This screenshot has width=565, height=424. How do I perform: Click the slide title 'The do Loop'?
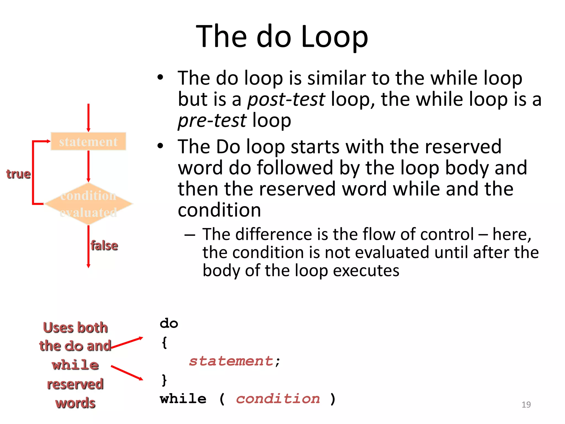(x=282, y=36)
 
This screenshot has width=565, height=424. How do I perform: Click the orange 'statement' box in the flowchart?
(x=88, y=142)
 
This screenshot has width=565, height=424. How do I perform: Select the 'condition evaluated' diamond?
(x=88, y=204)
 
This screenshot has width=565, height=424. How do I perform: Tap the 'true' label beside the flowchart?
(x=18, y=174)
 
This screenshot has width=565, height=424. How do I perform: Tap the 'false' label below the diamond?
(x=104, y=245)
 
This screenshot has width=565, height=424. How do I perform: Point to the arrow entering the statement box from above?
(x=88, y=117)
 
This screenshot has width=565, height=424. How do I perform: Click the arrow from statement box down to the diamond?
(x=88, y=166)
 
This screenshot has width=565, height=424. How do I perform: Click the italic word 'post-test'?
(x=286, y=99)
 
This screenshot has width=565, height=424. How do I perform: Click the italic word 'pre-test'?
(x=212, y=121)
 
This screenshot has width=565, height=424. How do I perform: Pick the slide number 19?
(x=526, y=404)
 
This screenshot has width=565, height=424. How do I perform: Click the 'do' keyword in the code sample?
(x=169, y=323)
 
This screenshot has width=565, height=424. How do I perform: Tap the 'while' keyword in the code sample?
(x=183, y=399)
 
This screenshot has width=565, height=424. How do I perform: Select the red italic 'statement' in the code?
(x=231, y=361)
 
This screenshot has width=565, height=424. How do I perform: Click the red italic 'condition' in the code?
(x=278, y=399)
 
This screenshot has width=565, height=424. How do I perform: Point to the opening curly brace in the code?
(x=164, y=343)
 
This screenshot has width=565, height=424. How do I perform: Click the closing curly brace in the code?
(x=164, y=380)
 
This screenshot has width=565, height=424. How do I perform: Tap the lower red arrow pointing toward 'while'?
(x=127, y=373)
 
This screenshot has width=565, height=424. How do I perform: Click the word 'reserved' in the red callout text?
(x=75, y=384)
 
